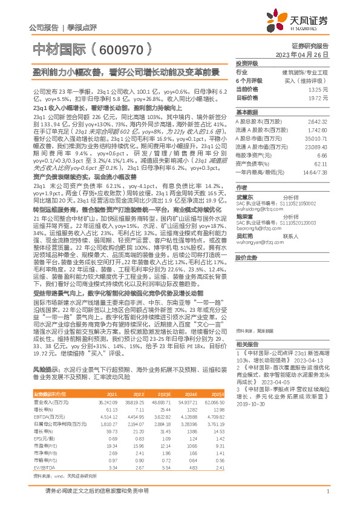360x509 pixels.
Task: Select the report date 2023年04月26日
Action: click(301, 54)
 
